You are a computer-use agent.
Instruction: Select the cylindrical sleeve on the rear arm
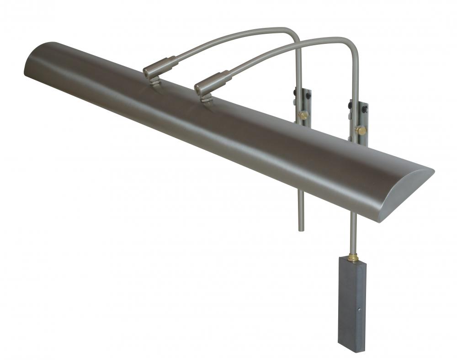tap(160, 66)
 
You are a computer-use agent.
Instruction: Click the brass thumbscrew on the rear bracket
tap(303, 115)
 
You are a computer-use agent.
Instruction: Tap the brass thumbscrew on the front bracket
tap(361, 130)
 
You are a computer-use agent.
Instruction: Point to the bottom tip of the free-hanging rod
tap(301, 228)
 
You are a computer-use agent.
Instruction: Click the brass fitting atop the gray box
tap(353, 258)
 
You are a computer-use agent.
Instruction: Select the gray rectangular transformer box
tap(351, 304)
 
